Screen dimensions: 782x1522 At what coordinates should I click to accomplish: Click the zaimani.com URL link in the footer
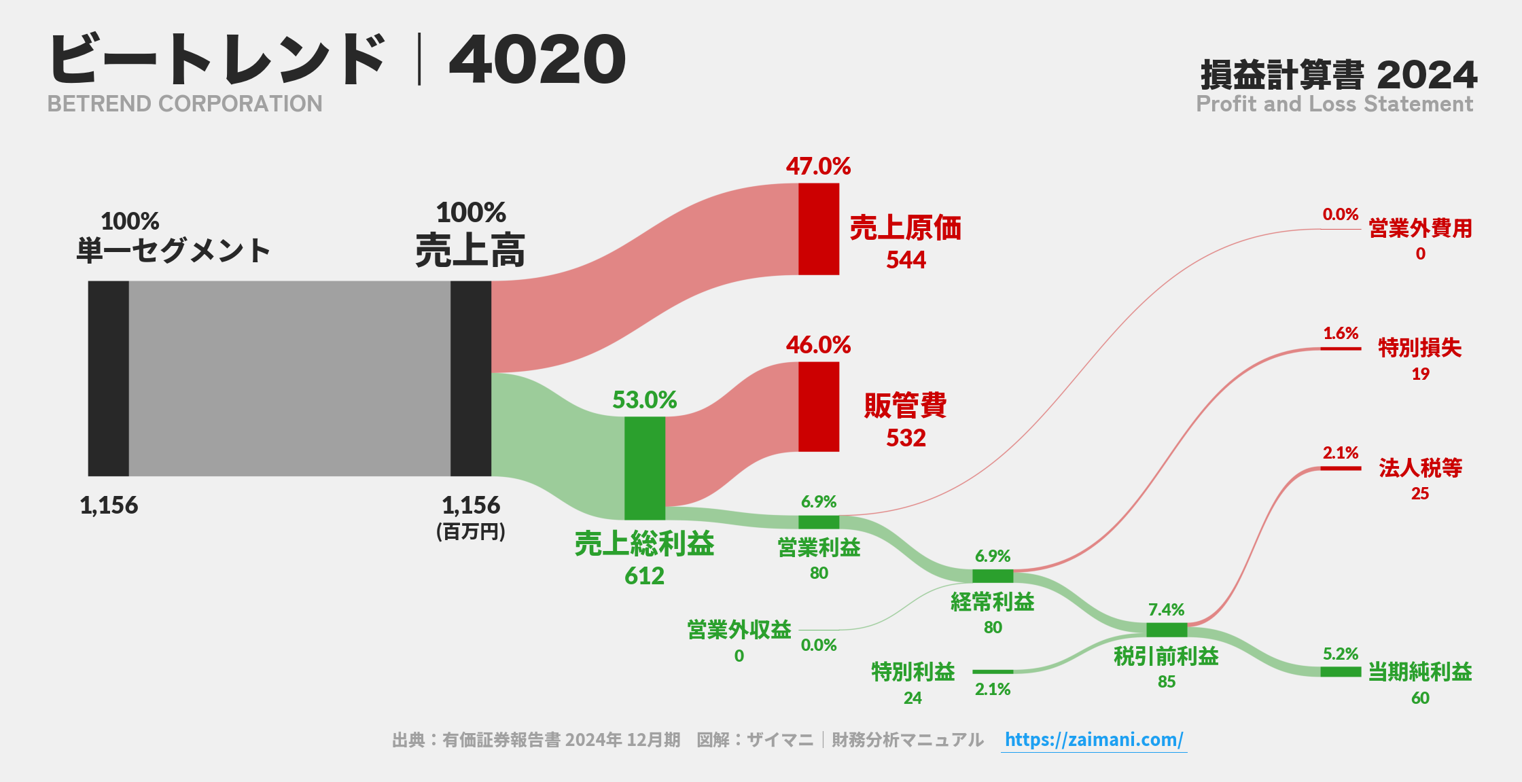[1093, 739]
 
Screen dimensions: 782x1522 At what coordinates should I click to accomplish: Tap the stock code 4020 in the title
[537, 60]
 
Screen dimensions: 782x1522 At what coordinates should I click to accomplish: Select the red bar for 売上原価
[818, 229]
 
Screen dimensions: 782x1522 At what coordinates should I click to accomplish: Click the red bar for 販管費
[818, 406]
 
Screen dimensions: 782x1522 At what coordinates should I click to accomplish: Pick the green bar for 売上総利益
[644, 468]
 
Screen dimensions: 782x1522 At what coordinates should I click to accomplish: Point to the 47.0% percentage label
[818, 166]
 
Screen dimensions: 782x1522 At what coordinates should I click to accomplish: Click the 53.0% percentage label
[644, 399]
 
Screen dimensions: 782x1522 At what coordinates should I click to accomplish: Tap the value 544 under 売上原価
[906, 260]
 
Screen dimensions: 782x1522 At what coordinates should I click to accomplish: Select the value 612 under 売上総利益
[644, 576]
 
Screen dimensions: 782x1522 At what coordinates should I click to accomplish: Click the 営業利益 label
[819, 547]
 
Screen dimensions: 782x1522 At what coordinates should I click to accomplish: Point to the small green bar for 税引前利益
[1166, 630]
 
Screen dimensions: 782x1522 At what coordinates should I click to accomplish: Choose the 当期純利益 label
[1419, 671]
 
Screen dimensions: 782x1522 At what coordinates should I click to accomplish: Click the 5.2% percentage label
[1340, 654]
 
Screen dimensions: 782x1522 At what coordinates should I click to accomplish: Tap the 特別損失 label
[1419, 348]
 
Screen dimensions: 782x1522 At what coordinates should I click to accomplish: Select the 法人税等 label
[1420, 467]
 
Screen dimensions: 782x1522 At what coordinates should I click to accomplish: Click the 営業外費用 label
[1420, 228]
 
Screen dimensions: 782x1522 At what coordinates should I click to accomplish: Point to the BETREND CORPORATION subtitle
[185, 104]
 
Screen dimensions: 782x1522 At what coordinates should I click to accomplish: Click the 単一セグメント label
[173, 250]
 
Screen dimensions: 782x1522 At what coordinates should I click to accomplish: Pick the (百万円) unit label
[470, 531]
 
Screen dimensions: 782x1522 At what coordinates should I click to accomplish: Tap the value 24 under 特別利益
[913, 698]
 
